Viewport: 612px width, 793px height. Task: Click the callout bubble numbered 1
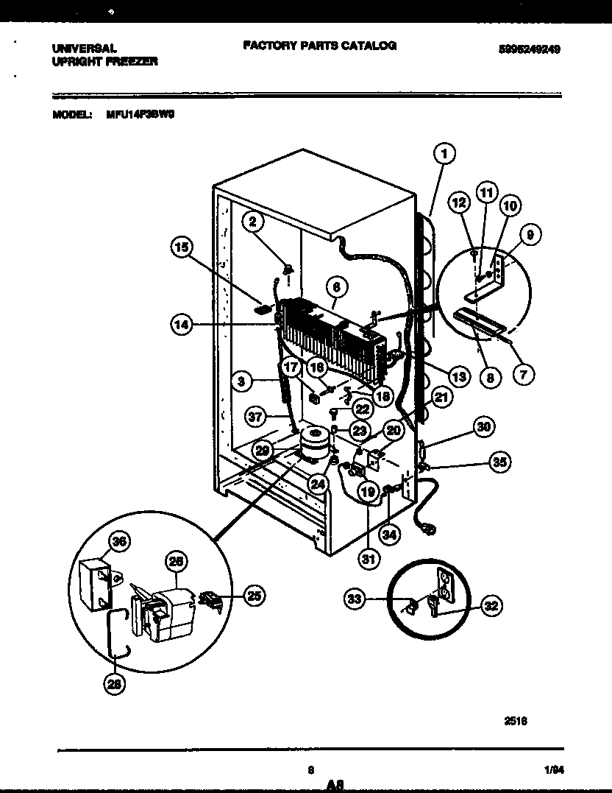444,154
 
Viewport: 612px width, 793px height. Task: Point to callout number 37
255,417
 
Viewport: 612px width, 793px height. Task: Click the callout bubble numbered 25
254,596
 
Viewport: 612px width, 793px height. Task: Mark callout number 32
491,605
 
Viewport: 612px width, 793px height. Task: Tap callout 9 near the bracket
530,235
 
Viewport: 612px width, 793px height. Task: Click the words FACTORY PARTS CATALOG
319,46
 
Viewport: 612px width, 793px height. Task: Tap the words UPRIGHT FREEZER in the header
104,62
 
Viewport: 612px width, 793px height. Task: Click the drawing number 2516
514,721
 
